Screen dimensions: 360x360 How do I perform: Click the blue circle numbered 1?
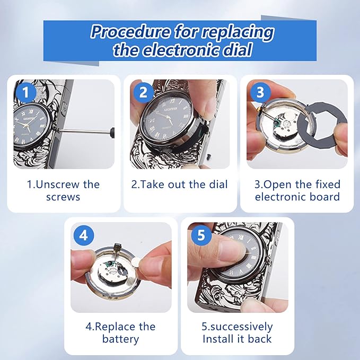pyautogui.click(x=25, y=92)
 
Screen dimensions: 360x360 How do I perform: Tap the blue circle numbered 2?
pyautogui.click(x=143, y=93)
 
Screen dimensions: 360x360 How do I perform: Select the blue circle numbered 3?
pyautogui.click(x=260, y=93)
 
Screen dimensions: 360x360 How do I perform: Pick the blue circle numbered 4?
pyautogui.click(x=84, y=235)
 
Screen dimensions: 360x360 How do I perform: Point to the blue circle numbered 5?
pyautogui.click(x=201, y=235)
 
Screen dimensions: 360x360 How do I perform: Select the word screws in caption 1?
pyautogui.click(x=63, y=197)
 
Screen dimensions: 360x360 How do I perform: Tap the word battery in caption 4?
pyautogui.click(x=120, y=339)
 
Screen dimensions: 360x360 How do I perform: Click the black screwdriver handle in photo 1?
pyautogui.click(x=112, y=133)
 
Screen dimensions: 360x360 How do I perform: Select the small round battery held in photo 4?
pyautogui.click(x=137, y=261)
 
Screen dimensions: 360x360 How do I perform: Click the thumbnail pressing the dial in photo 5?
pyautogui.click(x=231, y=251)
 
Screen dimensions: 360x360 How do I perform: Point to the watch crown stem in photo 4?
pyautogui.click(x=117, y=252)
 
